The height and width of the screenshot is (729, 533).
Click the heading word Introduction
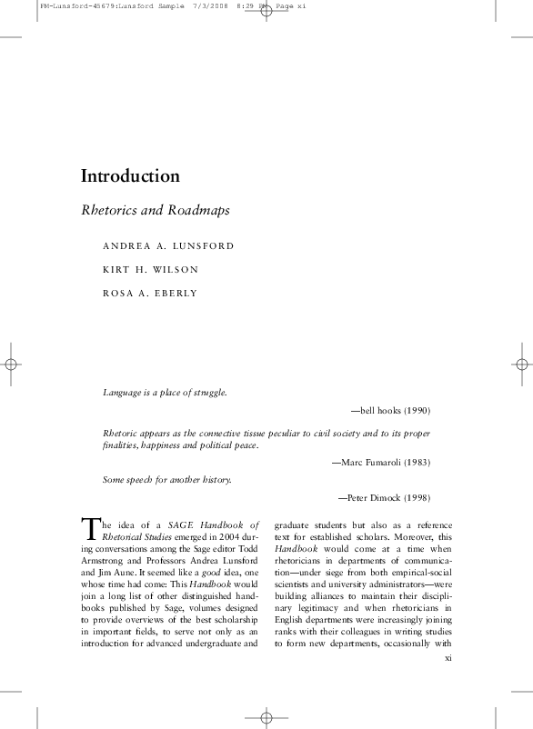pos(130,175)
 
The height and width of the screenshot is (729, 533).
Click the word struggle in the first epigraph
pos(206,393)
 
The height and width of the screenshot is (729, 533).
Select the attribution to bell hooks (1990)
pos(390,411)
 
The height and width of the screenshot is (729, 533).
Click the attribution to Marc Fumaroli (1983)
pos(381,462)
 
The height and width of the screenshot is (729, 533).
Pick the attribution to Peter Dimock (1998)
pos(384,497)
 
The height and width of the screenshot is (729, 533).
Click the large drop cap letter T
pos(89,528)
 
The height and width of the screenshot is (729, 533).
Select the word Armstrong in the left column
pos(103,561)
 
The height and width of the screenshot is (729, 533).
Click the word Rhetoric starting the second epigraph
pos(119,434)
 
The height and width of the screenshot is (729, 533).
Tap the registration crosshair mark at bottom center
pos(266,716)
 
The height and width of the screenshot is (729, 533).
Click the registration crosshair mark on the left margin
pos(12,364)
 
